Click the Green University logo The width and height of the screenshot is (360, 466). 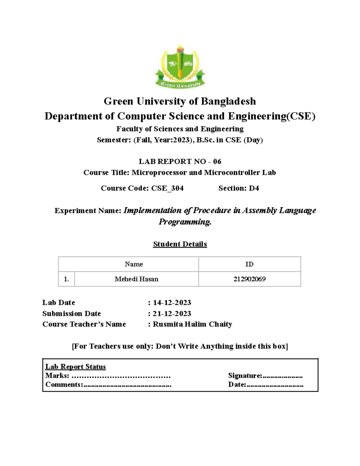[x=180, y=67]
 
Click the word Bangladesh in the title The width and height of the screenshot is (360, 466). [x=228, y=101]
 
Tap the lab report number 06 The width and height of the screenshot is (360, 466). [x=217, y=162]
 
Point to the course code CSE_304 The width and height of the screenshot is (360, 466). [x=167, y=188]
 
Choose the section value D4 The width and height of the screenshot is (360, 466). [x=254, y=188]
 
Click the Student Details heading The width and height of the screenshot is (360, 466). [x=180, y=244]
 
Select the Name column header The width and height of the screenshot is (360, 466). [x=134, y=264]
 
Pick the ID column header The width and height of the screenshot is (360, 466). [x=249, y=264]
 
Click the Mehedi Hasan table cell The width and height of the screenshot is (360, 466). [x=136, y=279]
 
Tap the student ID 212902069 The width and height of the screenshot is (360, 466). [x=250, y=279]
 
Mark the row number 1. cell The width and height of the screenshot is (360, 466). [x=66, y=279]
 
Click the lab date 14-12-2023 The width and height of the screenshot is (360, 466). [x=172, y=302]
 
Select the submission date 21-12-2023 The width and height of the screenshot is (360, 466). [x=172, y=314]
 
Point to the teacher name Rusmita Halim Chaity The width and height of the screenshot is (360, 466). [x=192, y=324]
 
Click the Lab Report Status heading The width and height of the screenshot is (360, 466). [x=75, y=367]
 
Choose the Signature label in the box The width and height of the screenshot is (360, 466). [x=245, y=376]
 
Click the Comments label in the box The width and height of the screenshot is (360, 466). [x=63, y=385]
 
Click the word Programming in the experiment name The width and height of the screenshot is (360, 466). [x=184, y=222]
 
